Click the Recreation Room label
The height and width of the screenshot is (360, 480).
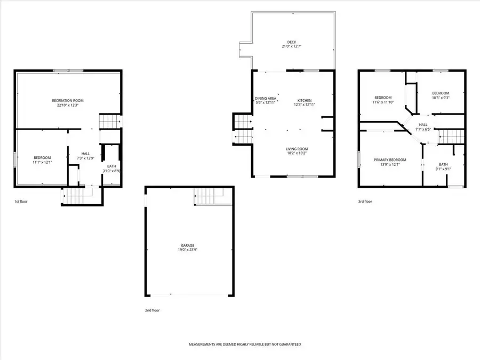pyautogui.click(x=67, y=100)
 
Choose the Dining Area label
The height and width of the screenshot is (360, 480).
pyautogui.click(x=265, y=99)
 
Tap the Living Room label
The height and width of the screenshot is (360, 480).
pyautogui.click(x=297, y=149)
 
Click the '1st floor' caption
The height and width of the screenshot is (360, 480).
pyautogui.click(x=21, y=202)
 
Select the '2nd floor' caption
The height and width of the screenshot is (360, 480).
pyautogui.click(x=152, y=310)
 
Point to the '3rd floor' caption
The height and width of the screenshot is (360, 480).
pyautogui.click(x=365, y=202)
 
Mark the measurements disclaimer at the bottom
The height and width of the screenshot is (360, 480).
pyautogui.click(x=245, y=345)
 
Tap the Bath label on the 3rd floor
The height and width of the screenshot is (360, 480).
pyautogui.click(x=443, y=164)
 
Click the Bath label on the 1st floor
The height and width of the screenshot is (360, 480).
pyautogui.click(x=111, y=166)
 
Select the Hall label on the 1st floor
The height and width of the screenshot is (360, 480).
pyautogui.click(x=85, y=153)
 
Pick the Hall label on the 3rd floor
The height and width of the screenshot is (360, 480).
pyautogui.click(x=423, y=124)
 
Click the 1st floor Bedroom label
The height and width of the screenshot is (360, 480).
pyautogui.click(x=42, y=157)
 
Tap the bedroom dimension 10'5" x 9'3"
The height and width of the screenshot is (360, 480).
pyautogui.click(x=441, y=98)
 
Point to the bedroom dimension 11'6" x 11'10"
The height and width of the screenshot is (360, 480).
pyautogui.click(x=383, y=102)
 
